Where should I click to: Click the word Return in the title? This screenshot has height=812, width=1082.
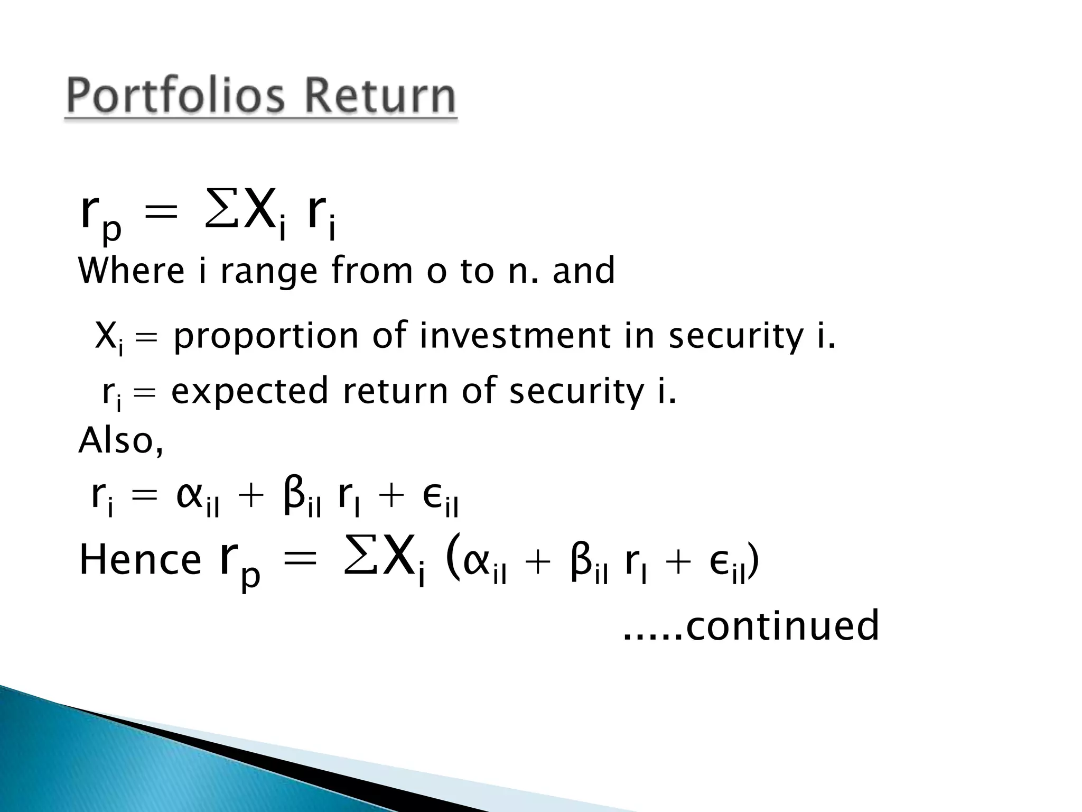(380, 97)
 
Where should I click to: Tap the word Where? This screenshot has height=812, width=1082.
(132, 271)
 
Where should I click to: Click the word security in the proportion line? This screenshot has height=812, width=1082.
(735, 337)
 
